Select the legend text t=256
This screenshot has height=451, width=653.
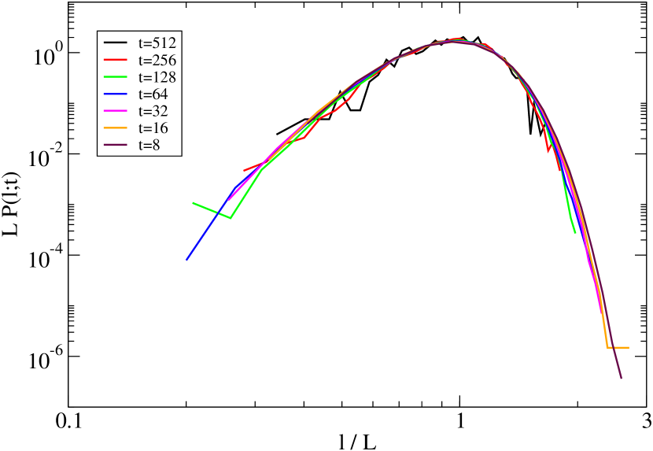[157, 60]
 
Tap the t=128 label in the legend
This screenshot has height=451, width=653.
[157, 77]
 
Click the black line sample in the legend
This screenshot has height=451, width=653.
[116, 43]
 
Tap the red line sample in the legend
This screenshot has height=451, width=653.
[116, 60]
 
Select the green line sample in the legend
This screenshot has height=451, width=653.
[116, 77]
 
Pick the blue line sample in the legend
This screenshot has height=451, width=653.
[116, 94]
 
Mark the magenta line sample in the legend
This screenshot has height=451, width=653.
[116, 111]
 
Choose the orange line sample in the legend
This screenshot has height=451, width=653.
[116, 128]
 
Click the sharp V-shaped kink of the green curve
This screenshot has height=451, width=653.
[230, 218]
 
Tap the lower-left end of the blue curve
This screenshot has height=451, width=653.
[186, 259]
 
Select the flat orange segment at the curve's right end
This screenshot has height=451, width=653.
[618, 347]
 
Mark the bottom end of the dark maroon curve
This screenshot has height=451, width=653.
[621, 378]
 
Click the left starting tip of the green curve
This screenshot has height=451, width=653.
[194, 203]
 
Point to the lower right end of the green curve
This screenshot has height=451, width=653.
[575, 232]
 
